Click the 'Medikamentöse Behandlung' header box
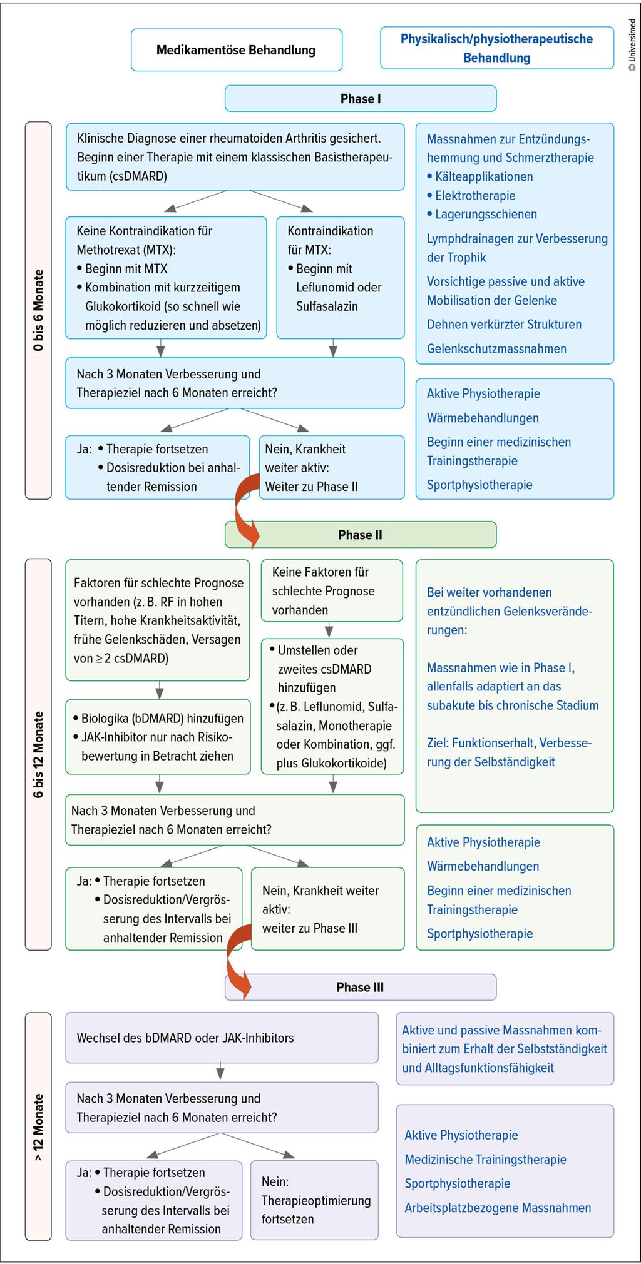[236, 50]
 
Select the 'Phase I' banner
[361, 99]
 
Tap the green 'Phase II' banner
[361, 535]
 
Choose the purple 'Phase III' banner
[361, 987]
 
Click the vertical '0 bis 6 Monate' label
[39, 310]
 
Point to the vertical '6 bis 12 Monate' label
[39, 754]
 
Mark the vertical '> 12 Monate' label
[39, 1127]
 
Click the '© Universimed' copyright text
[632, 45]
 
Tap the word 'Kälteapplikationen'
[484, 177]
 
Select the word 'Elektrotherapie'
[475, 196]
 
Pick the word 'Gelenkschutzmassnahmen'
[496, 349]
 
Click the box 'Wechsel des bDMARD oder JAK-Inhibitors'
[222, 1038]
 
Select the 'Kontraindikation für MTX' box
[341, 277]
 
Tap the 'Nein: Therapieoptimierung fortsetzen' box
[314, 1200]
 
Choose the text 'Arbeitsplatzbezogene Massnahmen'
[498, 1208]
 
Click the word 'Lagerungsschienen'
[486, 215]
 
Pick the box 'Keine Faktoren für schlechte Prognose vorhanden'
[332, 590]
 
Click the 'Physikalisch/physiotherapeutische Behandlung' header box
[497, 48]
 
